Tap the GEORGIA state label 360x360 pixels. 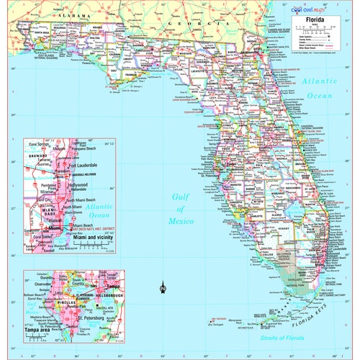click(x=180, y=24)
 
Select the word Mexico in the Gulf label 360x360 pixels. click(x=182, y=221)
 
